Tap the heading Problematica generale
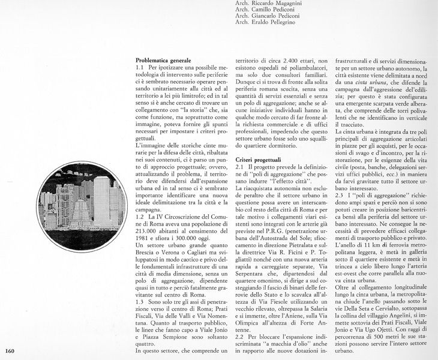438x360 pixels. (163, 61)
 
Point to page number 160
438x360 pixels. (10, 351)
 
